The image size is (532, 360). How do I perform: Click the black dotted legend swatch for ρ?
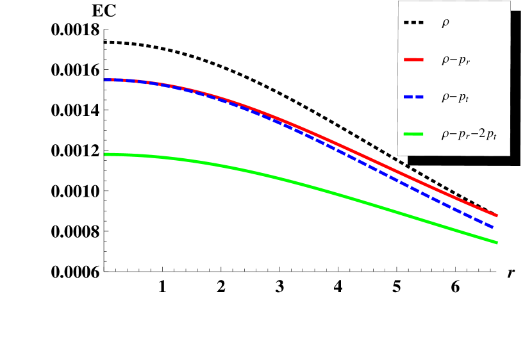413,24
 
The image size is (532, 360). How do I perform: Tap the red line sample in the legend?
413,60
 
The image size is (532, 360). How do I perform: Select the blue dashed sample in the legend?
413,97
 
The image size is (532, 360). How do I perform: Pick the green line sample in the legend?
413,134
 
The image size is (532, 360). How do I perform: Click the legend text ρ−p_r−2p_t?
470,135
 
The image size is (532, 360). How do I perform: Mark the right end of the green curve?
497,242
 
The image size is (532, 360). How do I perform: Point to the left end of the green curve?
105,154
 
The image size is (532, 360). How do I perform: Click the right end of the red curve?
497,216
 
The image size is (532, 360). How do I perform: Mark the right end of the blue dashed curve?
494,227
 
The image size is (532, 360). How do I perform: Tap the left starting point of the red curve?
105,80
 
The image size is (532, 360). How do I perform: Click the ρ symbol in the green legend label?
445,135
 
